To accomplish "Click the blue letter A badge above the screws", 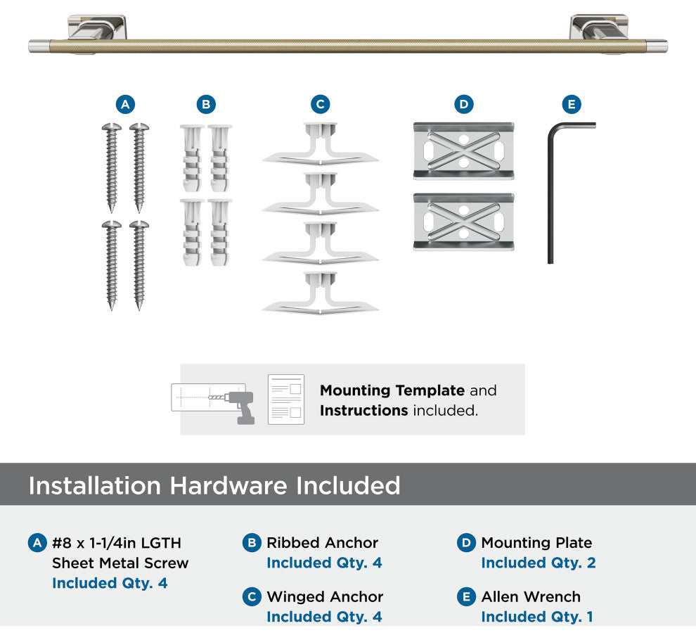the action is pos(125,104).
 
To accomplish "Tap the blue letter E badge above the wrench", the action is pos(572,104).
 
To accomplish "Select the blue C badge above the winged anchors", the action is pos(320,104).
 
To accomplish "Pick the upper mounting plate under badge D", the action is pos(463,151).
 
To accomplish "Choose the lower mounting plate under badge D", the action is pos(463,222).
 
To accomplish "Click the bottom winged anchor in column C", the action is pos(320,293).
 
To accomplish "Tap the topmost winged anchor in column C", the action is pos(320,143).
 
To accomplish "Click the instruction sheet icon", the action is pos(286,399).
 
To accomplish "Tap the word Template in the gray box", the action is pos(430,390).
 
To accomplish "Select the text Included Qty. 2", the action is pos(539,563).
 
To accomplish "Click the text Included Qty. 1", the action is pos(537,617).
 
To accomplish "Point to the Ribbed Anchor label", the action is pos(322,543).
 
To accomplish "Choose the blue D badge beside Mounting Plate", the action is pos(466,543).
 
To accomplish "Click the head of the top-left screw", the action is pos(111,127).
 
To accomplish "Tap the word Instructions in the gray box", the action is pos(364,411).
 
